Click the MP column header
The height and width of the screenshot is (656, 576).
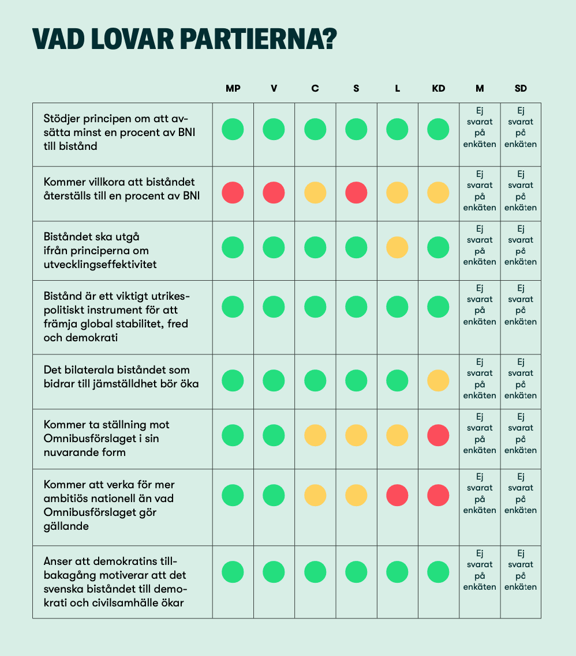(x=233, y=89)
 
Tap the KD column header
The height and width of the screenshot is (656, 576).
(x=439, y=89)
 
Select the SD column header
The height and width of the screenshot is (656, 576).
(x=521, y=89)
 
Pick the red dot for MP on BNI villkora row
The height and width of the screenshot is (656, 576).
(x=233, y=193)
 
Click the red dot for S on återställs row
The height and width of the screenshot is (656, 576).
(x=356, y=193)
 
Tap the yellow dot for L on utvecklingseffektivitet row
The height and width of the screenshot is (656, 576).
(x=397, y=247)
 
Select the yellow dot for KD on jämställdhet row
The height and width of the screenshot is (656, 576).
(x=439, y=380)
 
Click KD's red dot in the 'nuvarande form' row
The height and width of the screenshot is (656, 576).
(x=439, y=435)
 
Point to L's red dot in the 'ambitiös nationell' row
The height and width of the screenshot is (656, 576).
(x=397, y=495)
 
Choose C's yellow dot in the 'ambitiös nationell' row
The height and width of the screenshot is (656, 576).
(x=315, y=495)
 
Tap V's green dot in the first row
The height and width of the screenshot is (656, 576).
(x=274, y=129)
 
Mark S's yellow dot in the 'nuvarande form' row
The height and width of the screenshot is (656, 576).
(x=356, y=435)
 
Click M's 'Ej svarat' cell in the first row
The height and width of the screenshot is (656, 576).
(x=480, y=127)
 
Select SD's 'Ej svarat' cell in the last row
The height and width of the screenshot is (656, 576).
(x=521, y=570)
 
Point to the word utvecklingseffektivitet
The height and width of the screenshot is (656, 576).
(x=100, y=265)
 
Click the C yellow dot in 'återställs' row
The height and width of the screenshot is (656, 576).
(x=315, y=193)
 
